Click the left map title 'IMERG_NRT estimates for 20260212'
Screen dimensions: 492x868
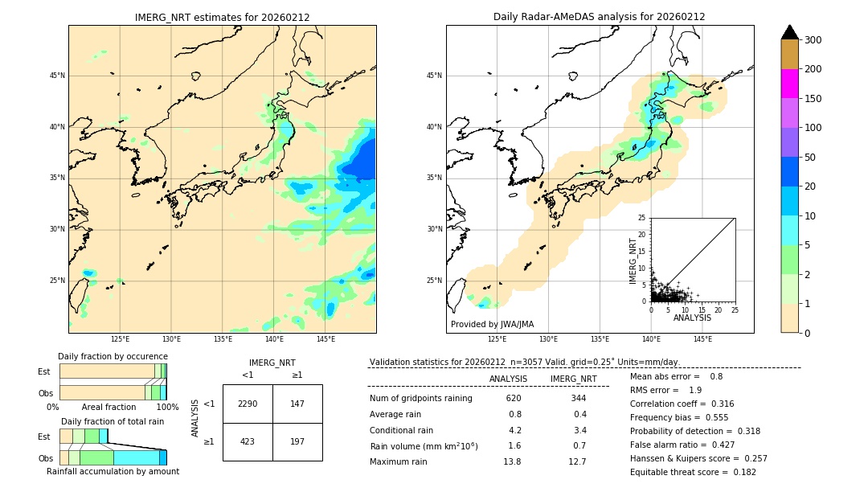pyautogui.click(x=222, y=17)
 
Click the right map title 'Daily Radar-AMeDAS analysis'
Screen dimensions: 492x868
pyautogui.click(x=599, y=17)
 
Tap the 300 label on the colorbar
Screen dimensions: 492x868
pyautogui.click(x=814, y=40)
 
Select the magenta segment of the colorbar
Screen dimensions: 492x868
pyautogui.click(x=789, y=84)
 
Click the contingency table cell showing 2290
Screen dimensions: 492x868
pyautogui.click(x=248, y=404)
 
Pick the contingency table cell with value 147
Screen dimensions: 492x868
pyautogui.click(x=297, y=404)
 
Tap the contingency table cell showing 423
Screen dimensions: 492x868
pyautogui.click(x=248, y=441)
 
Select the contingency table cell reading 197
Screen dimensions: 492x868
pyautogui.click(x=297, y=441)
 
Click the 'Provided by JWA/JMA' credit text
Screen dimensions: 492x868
pyautogui.click(x=492, y=325)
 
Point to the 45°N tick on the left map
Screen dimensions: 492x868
pyautogui.click(x=57, y=76)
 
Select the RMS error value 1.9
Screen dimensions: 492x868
pyautogui.click(x=696, y=391)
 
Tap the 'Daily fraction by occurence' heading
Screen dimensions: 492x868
pyautogui.click(x=113, y=357)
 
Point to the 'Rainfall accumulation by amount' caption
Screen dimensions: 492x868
pyautogui.click(x=113, y=472)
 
